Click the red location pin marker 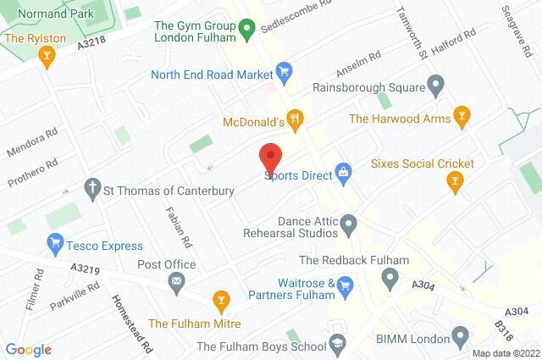tap(269, 158)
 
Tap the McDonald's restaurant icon tap(294, 119)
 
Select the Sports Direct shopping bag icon tap(343, 174)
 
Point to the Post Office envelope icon tap(176, 281)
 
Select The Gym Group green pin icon tap(246, 32)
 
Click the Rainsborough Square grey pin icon tap(436, 85)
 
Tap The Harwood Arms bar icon tap(462, 114)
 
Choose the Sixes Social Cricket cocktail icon tap(455, 180)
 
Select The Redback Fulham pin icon tap(390, 276)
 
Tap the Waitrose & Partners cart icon tap(345, 290)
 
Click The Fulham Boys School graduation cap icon tap(338, 345)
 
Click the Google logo tap(28, 349)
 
